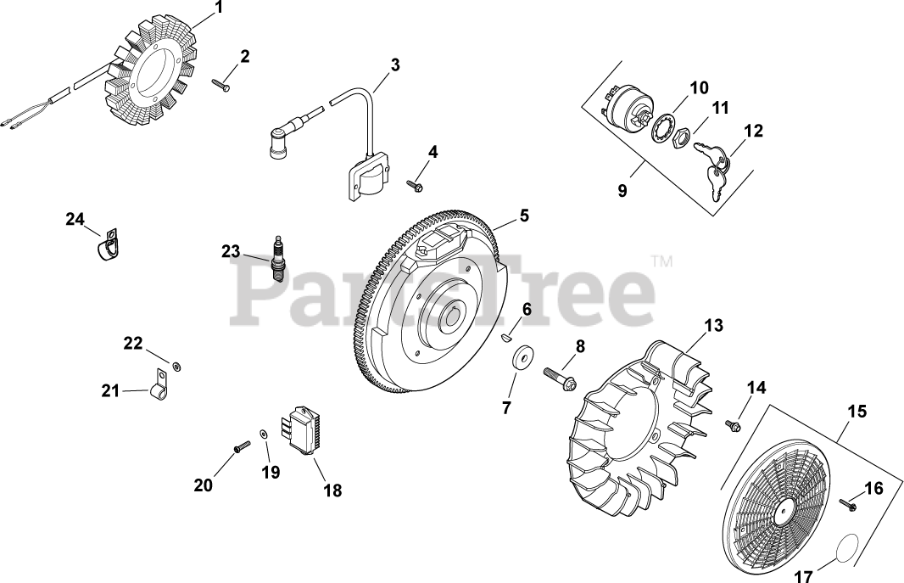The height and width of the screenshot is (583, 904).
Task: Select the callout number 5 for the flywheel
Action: coord(525,216)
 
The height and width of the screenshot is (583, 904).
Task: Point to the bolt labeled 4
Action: coord(415,182)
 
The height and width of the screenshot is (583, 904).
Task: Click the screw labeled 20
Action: coord(240,446)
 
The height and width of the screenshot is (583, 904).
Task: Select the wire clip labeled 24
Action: coord(104,244)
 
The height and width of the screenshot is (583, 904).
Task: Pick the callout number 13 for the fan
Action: coord(714,325)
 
